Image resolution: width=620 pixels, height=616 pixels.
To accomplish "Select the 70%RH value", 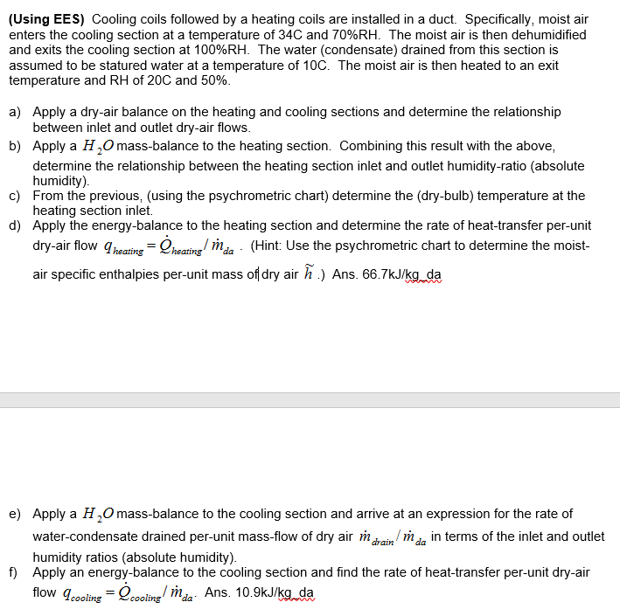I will (487, 34).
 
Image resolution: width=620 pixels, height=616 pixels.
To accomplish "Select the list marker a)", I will (16, 112).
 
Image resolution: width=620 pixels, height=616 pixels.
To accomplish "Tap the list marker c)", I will (16, 196).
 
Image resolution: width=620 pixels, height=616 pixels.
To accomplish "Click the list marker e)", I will (16, 514).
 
